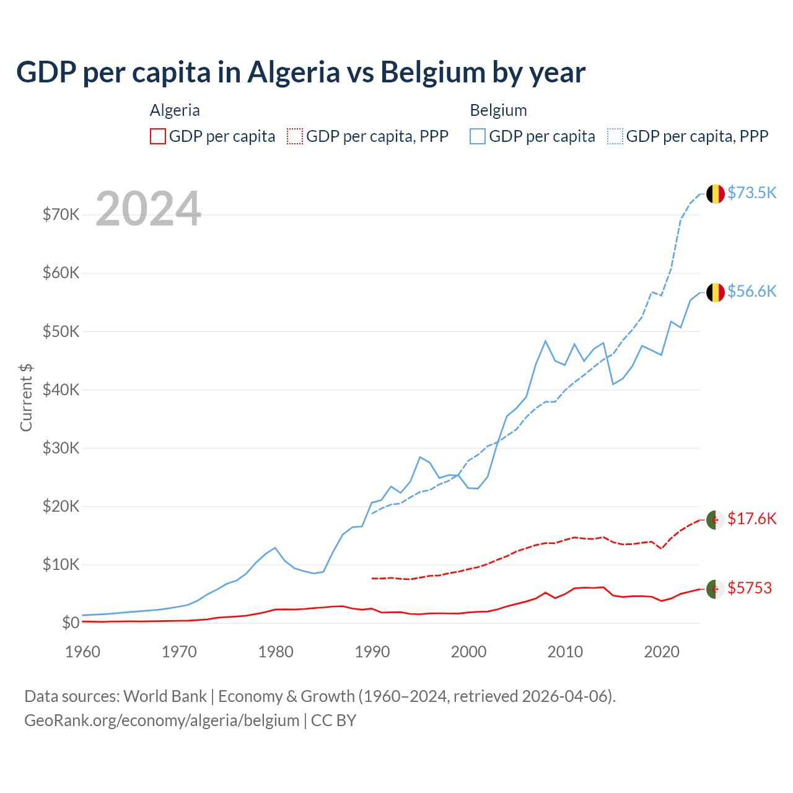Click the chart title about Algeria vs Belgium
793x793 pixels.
point(300,72)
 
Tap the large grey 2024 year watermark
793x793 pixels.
point(149,209)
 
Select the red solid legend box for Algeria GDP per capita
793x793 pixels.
point(158,136)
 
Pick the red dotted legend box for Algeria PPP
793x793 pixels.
point(295,136)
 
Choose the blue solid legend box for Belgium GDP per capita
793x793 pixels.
point(478,136)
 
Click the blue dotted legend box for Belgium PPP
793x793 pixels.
point(615,136)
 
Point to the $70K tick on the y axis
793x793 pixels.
point(61,215)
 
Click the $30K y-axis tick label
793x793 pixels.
point(61,448)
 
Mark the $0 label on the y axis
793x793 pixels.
point(71,623)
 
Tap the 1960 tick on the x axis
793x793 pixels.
point(83,652)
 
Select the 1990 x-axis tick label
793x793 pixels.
point(372,652)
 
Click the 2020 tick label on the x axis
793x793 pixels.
point(662,652)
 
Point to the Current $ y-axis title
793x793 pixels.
point(26,397)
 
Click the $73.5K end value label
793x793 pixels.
point(751,193)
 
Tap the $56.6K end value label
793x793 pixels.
point(751,291)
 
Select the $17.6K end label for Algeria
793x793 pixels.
point(751,519)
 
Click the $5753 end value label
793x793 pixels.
point(750,588)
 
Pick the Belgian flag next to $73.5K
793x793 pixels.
point(716,194)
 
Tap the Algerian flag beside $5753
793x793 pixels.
point(716,589)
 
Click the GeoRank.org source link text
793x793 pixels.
point(162,721)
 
